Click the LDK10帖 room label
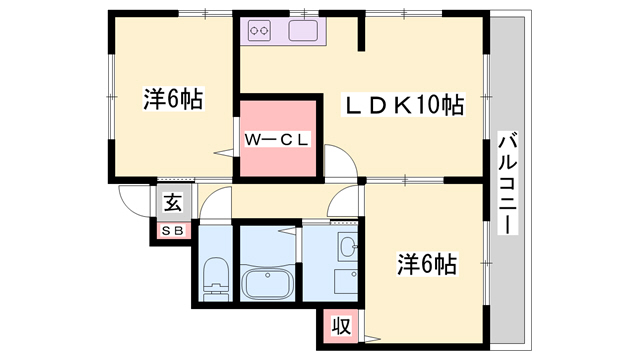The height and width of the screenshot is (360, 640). [x=403, y=106]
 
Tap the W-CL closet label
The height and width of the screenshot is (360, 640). [x=277, y=140]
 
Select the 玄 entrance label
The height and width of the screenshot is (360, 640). [x=173, y=203]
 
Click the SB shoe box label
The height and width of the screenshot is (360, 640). [x=173, y=231]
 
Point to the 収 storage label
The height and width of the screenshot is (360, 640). [x=341, y=326]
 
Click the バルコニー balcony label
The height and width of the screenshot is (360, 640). [x=507, y=183]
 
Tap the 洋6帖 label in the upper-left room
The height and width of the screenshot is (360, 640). [x=173, y=99]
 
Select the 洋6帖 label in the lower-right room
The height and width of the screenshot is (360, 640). [x=427, y=264]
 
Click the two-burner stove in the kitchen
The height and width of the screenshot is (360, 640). [x=260, y=31]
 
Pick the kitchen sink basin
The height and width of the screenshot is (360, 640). [x=303, y=31]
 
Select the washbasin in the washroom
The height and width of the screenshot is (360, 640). [x=348, y=247]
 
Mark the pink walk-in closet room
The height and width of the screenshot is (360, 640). [x=278, y=138]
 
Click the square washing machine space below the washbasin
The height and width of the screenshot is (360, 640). [x=346, y=281]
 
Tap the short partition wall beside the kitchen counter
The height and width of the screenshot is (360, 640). [x=361, y=31]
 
